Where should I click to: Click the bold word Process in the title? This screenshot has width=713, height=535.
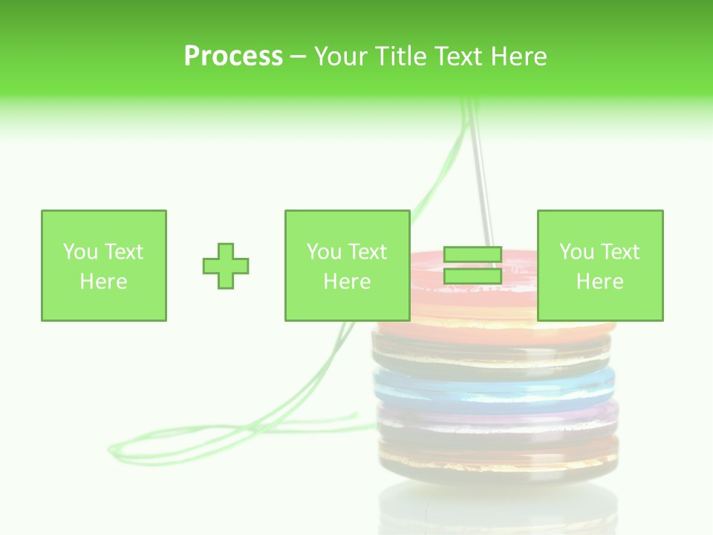click(233, 56)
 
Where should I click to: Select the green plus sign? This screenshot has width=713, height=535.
click(226, 265)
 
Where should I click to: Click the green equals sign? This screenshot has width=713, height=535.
click(472, 265)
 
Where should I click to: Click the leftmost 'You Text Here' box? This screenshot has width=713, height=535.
click(104, 265)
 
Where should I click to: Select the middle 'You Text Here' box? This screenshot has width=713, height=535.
click(348, 265)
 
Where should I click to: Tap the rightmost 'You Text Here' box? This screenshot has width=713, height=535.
click(600, 265)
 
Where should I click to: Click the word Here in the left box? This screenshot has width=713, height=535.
click(104, 282)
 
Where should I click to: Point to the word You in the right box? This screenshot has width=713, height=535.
click(576, 252)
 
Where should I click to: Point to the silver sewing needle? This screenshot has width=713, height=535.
click(482, 178)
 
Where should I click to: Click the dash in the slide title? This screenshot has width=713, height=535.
click(299, 56)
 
